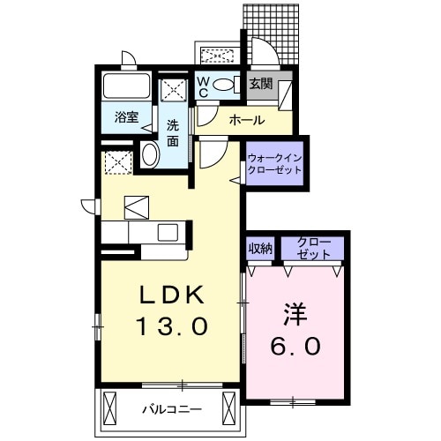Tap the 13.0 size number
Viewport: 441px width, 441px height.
coord(171,326)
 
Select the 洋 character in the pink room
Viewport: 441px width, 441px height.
coord(295,315)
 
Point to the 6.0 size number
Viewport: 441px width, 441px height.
coord(295,346)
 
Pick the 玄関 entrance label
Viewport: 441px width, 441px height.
coord(260,85)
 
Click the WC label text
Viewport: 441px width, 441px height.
coord(202,86)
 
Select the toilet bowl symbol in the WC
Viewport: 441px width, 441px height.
coord(224,86)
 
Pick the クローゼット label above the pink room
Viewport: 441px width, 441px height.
coord(313,247)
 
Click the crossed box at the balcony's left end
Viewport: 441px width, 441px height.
coord(109,408)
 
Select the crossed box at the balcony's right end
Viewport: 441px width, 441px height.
coord(231,408)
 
